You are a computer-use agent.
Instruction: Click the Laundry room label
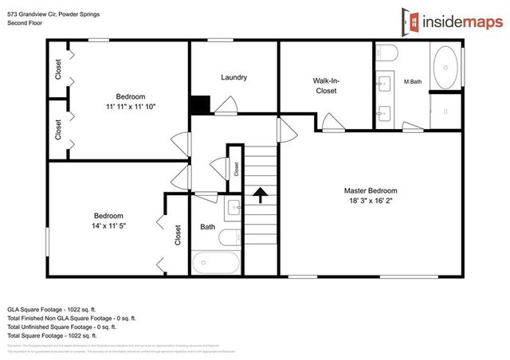[x=233, y=77]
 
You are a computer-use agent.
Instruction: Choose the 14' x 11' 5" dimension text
[x=108, y=227]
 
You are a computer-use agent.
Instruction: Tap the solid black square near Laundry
[x=198, y=105]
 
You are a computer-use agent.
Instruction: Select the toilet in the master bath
[x=387, y=53]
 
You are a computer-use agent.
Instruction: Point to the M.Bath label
[x=412, y=82]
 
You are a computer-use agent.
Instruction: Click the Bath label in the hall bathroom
[x=207, y=227]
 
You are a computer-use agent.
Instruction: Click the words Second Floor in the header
[x=24, y=23]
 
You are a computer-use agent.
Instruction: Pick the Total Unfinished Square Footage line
[x=61, y=327]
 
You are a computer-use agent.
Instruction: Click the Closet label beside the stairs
[x=237, y=168]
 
